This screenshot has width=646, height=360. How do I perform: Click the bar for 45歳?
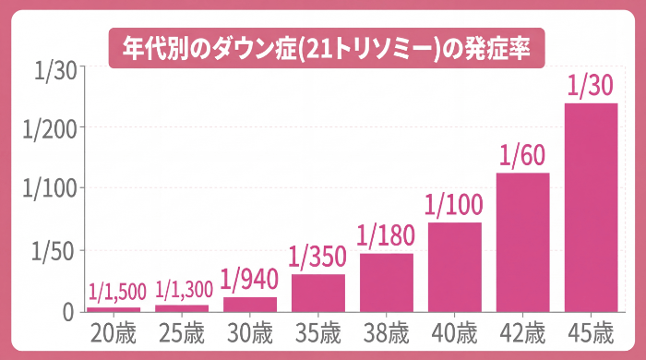click(x=591, y=207)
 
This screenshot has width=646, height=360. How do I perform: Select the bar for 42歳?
click(x=522, y=242)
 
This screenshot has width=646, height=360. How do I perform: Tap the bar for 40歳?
click(x=454, y=267)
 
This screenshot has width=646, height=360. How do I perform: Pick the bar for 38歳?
click(x=386, y=282)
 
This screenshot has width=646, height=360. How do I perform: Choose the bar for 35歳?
click(x=318, y=293)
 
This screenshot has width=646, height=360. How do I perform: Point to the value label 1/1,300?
click(x=182, y=292)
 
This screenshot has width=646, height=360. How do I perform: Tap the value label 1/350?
click(x=318, y=257)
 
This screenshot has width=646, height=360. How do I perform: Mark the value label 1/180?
click(x=386, y=235)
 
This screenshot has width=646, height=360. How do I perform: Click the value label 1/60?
click(x=522, y=154)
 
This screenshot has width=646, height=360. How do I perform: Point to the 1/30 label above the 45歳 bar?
click(x=591, y=86)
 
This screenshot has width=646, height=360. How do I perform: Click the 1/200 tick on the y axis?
click(x=49, y=127)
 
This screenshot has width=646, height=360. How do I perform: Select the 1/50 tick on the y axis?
click(x=54, y=251)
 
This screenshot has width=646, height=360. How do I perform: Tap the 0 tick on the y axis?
click(x=68, y=312)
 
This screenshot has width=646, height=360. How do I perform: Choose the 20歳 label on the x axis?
click(x=114, y=331)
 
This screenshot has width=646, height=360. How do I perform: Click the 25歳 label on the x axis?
click(x=182, y=331)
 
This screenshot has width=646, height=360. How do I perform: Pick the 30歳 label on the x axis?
click(x=250, y=331)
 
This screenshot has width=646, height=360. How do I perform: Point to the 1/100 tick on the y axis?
click(x=49, y=189)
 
